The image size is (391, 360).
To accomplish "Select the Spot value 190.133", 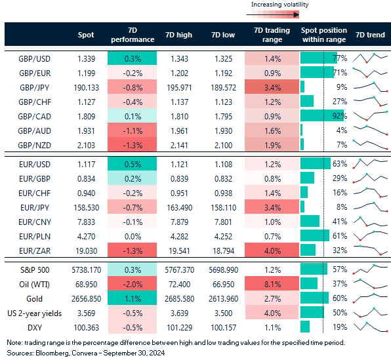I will [x=86, y=86].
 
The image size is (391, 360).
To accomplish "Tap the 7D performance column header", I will [x=132, y=34].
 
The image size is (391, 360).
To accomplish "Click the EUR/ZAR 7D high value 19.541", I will [x=178, y=249].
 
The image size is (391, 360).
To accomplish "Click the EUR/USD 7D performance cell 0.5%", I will [x=132, y=164].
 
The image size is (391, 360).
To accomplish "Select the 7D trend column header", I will [x=370, y=34].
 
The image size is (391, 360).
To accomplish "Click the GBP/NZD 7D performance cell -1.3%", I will [x=132, y=144].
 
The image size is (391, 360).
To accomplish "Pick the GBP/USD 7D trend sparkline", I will [x=370, y=58].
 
